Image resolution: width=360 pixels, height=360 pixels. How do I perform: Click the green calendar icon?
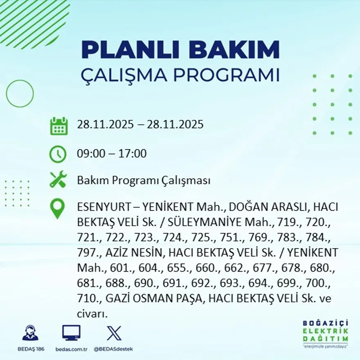click(59, 126)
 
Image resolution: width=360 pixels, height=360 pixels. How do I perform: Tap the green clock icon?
click(58, 154)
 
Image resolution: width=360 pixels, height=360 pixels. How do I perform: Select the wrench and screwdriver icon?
click(58, 180)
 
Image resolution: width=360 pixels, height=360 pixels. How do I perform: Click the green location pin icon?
click(57, 208)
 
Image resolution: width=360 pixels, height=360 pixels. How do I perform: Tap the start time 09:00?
click(89, 154)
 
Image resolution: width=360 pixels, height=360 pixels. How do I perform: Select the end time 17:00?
click(133, 154)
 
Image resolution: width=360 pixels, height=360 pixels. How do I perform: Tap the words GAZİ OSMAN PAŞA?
click(154, 299)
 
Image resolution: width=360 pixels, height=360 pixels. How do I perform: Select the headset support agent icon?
click(30, 333)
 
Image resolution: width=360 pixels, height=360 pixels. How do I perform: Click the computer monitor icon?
click(71, 333)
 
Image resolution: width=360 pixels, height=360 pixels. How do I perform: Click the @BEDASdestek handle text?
click(113, 349)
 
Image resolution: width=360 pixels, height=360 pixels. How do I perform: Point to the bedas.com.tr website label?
click(71, 349)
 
